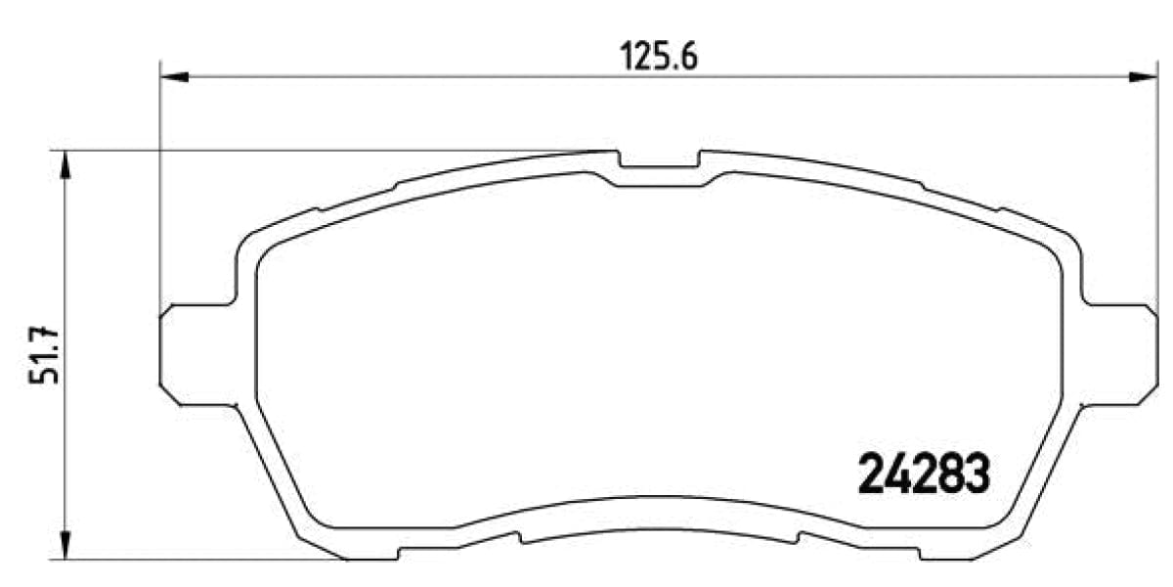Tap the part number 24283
pyautogui.click(x=925, y=475)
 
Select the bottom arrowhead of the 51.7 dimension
pyautogui.click(x=65, y=547)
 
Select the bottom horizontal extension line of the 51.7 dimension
pyautogui.click(x=195, y=560)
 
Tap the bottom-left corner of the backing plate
pyautogui.click(x=347, y=558)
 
